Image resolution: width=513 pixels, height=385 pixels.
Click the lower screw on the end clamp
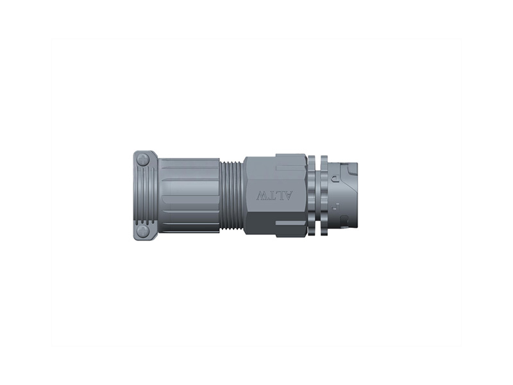143,230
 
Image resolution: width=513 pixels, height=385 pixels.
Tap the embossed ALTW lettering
274,196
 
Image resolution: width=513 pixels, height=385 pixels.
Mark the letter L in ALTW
281,196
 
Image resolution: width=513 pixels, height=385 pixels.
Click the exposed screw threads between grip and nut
232,196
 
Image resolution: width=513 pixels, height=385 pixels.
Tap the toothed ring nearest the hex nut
312,196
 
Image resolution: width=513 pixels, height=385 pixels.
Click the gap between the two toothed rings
318,196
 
